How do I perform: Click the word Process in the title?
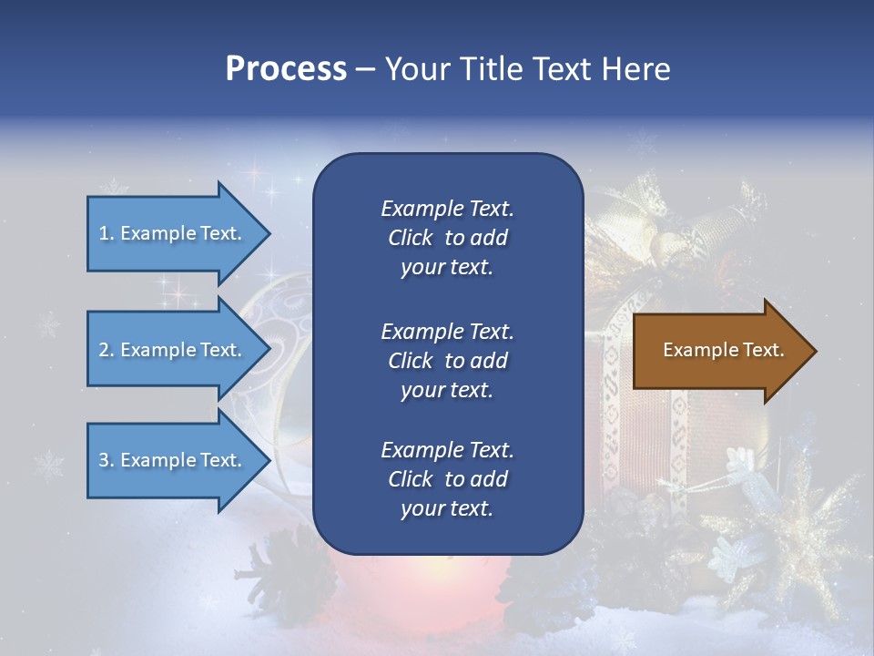(286, 69)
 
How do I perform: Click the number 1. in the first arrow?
(107, 233)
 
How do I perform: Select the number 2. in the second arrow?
(107, 350)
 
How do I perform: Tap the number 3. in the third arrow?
(107, 460)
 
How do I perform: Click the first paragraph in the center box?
(447, 238)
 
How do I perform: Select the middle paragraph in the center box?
(447, 361)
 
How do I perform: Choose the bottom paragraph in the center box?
(447, 479)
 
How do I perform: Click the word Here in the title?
(636, 69)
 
